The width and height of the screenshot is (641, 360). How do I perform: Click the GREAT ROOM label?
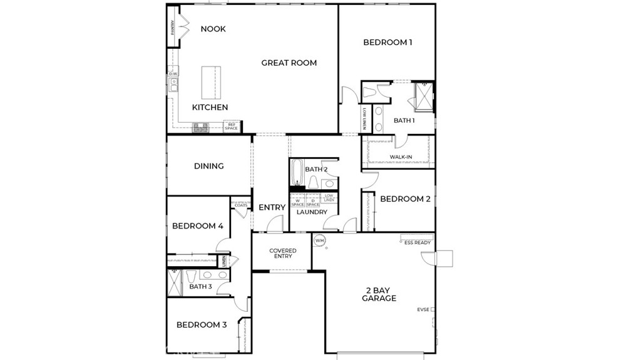point(289,63)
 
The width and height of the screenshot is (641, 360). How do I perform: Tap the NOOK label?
point(213,29)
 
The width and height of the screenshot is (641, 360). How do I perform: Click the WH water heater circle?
point(319,240)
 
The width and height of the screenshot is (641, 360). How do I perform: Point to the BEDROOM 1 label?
point(387,43)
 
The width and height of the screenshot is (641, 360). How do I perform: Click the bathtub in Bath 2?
point(297,174)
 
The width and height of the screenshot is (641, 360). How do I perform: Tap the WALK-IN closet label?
point(400,157)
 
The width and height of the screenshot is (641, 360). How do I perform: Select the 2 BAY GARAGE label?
point(379,294)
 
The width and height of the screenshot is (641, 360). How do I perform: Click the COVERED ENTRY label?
point(282,253)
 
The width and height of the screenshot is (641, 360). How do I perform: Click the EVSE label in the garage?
point(423,309)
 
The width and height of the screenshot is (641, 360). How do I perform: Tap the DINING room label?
point(208,166)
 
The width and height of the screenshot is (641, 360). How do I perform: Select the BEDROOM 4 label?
point(198,226)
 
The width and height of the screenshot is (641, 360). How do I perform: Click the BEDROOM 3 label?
point(201,325)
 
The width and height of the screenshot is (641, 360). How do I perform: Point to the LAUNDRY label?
point(312,212)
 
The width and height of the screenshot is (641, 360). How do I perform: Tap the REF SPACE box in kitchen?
point(232,126)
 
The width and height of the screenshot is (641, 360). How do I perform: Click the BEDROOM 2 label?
point(405,199)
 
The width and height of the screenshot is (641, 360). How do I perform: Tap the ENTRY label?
point(272,207)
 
